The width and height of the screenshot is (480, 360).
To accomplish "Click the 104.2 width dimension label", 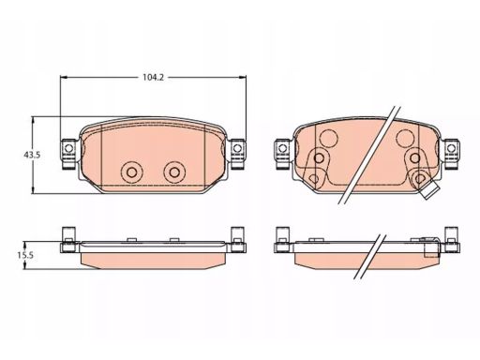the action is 153,77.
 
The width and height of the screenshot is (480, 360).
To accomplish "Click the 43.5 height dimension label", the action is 32,155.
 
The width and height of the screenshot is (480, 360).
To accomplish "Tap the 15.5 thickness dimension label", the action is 25,255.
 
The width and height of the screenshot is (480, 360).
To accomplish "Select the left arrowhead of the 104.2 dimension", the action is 64,77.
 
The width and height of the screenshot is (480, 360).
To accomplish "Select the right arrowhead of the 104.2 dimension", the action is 243,77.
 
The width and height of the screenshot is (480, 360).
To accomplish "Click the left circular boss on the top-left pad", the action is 132,172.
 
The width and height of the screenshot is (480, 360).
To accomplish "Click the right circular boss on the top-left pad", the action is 174,172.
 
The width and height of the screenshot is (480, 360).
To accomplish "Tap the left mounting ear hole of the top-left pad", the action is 68,147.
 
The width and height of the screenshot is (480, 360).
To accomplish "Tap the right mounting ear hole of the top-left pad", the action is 237,147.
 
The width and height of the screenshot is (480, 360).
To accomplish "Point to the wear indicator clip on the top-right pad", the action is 429,189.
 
